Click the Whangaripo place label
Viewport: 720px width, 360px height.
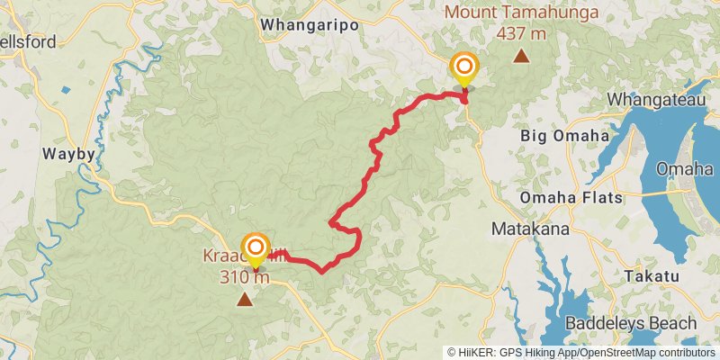point(309,25)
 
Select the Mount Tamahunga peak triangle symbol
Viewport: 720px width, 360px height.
point(520,57)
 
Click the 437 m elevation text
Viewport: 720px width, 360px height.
point(520,34)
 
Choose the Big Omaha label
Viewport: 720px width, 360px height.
point(564,136)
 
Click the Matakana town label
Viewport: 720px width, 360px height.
point(530,229)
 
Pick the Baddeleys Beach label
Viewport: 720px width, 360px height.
point(631,323)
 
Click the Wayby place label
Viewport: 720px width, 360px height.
point(68,154)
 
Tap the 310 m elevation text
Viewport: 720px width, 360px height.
point(244,277)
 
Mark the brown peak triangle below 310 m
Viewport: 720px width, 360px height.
point(244,298)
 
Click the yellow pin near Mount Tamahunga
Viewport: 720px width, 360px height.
point(464,68)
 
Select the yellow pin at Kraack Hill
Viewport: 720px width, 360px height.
point(256,248)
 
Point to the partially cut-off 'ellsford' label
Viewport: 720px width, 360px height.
point(28,41)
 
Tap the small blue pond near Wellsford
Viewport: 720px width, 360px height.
point(65,90)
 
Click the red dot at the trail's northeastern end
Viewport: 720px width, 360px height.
point(464,99)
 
